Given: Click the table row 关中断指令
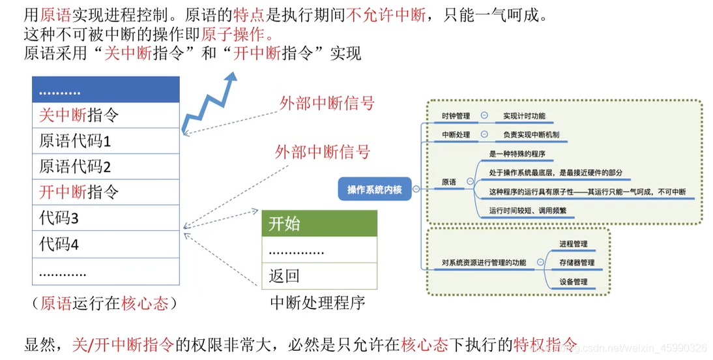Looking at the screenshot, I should coord(105,115).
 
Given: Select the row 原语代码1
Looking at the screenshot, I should coord(105,141).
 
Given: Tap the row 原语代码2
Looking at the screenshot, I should coord(105,166).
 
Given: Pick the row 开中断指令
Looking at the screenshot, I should coord(105,192).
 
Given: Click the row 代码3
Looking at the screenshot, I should coord(105,218).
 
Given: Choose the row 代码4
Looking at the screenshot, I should coord(105,244).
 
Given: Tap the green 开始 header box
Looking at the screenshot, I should coord(319,224).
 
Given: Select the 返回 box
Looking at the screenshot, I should coord(319,276).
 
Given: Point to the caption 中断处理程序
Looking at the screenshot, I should coord(317,303).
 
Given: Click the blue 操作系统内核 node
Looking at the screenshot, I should coord(375,189).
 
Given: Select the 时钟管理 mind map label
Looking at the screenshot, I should coord(456,116).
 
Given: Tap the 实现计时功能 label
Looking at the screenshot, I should coord(524,116).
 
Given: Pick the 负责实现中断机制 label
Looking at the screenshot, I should coord(531,135).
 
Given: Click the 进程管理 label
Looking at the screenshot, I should coord(573,244).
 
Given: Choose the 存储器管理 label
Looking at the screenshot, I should coord(577,263).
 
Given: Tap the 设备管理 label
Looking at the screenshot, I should coord(573,282).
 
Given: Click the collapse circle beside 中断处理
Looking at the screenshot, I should coord(484,135).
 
